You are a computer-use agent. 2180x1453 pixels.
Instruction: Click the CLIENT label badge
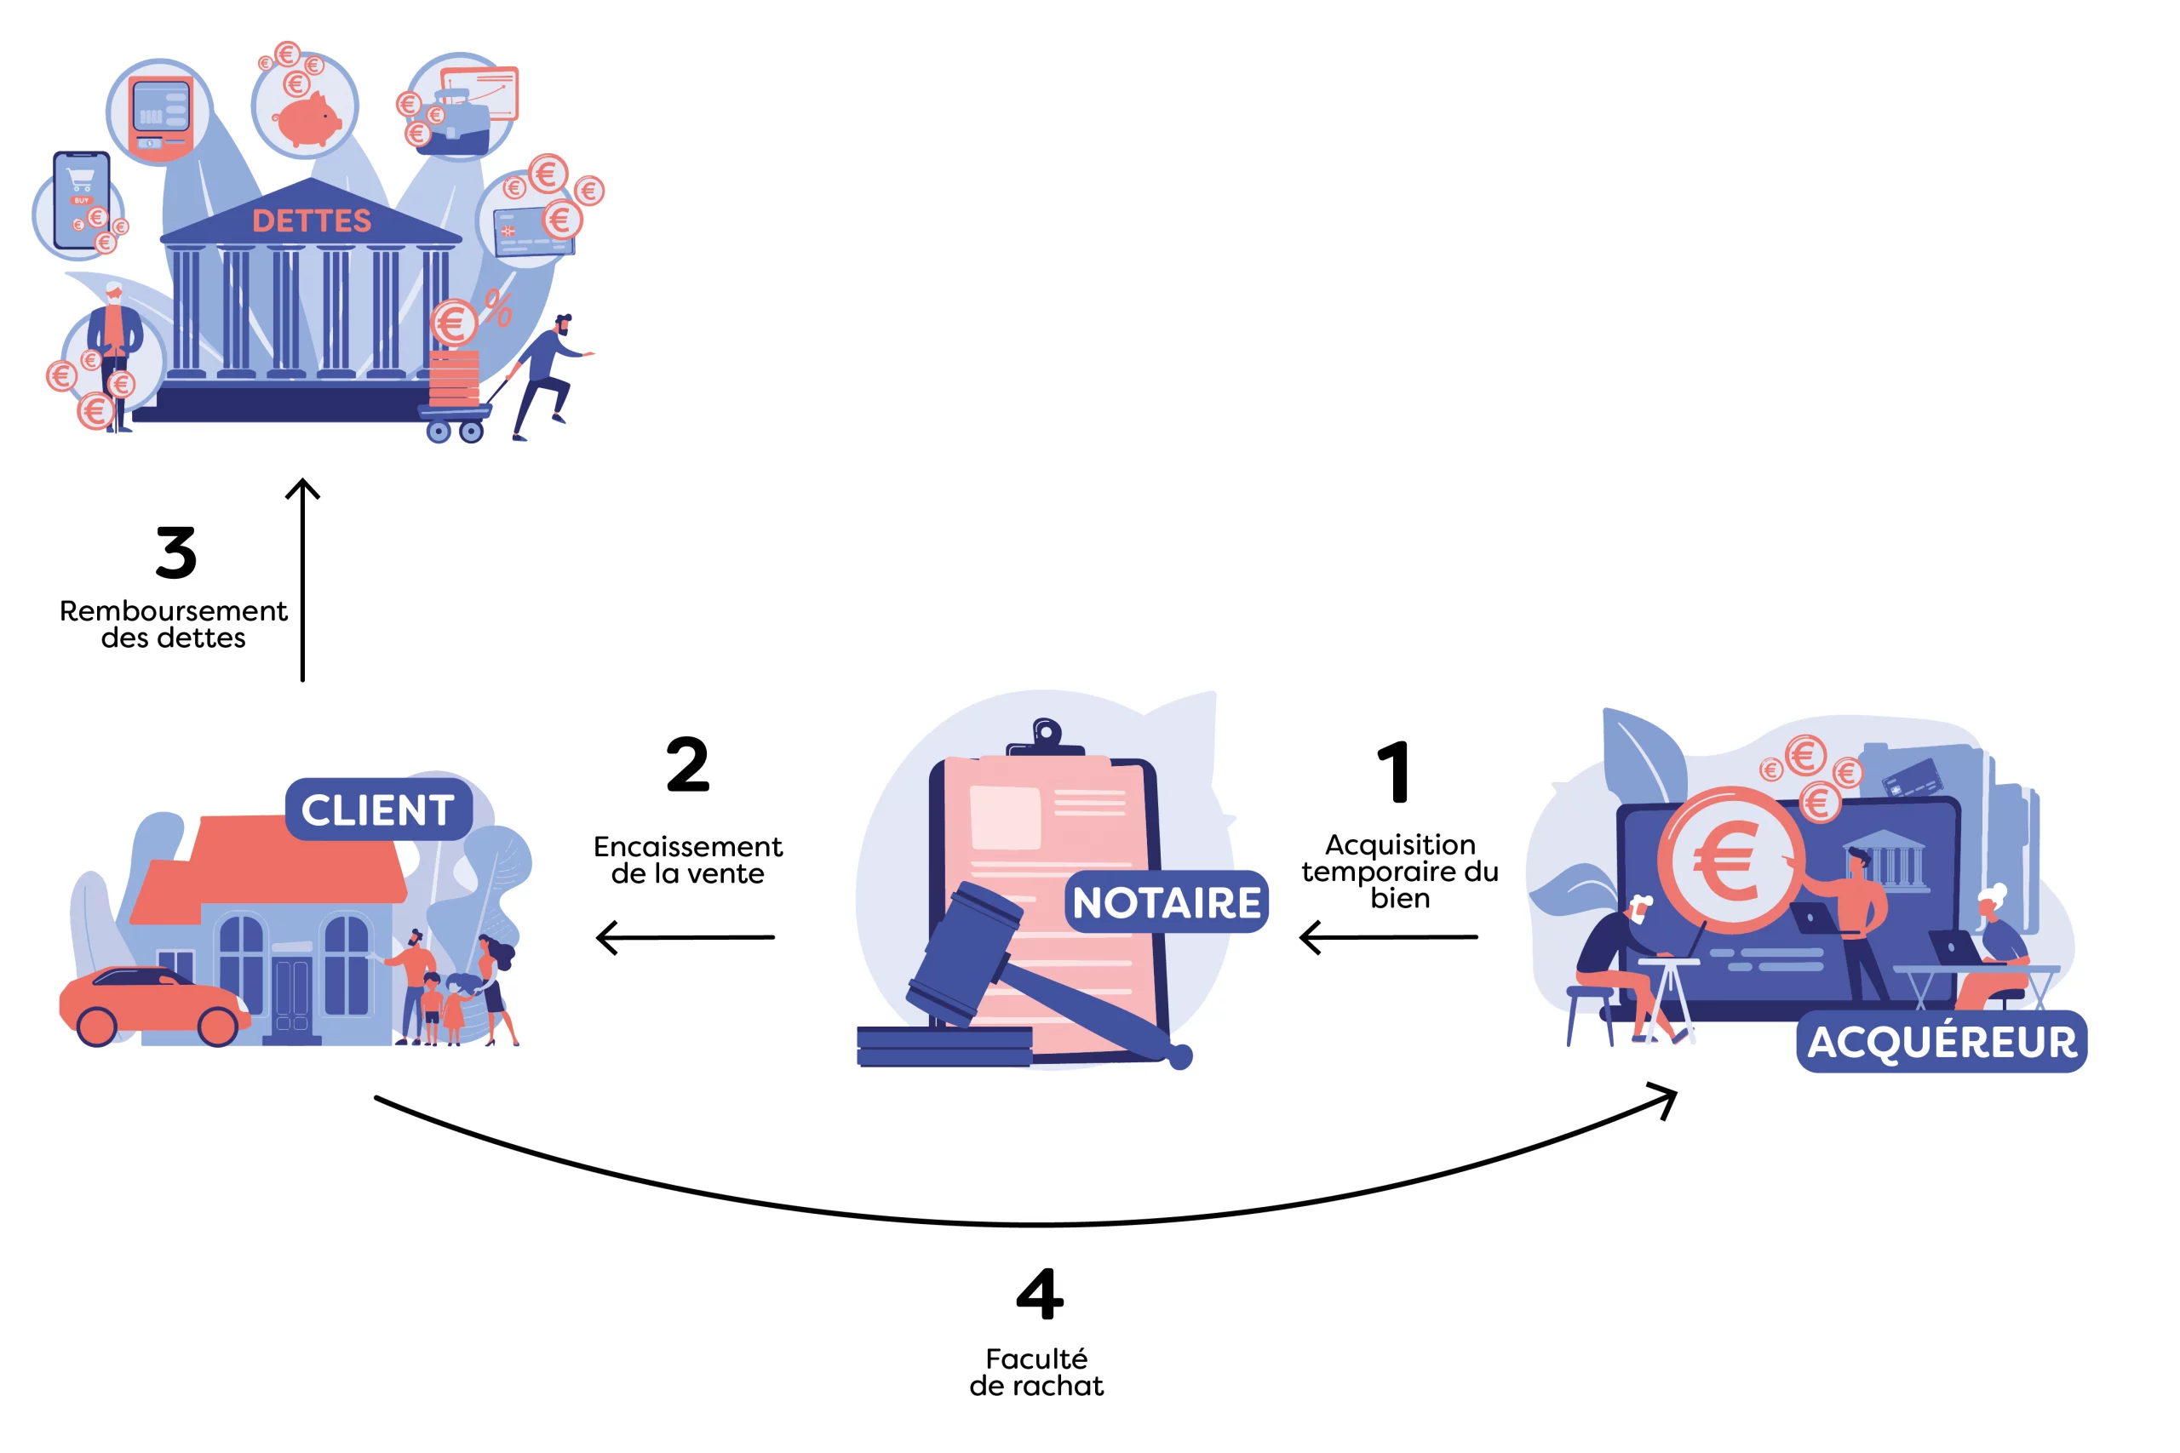tap(378, 809)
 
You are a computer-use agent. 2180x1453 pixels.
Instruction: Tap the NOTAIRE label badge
tap(1166, 901)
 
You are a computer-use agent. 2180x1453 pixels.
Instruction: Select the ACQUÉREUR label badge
tap(1942, 1042)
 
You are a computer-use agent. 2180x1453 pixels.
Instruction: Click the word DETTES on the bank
tap(312, 220)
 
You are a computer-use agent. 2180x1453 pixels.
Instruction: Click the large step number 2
tap(688, 764)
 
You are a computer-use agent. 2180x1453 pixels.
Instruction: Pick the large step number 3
tap(176, 553)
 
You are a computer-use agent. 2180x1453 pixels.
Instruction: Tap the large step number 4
tap(1039, 1294)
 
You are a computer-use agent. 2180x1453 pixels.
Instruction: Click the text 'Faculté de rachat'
tap(1036, 1372)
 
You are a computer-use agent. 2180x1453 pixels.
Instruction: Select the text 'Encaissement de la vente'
tap(688, 860)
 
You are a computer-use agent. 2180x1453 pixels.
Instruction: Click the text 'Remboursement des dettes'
tap(174, 624)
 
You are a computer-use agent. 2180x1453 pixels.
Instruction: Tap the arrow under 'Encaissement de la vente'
tap(685, 937)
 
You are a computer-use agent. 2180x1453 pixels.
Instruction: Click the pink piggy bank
tap(307, 119)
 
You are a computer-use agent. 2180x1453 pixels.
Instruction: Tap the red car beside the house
tap(153, 1006)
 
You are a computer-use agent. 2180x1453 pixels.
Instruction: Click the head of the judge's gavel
tap(964, 953)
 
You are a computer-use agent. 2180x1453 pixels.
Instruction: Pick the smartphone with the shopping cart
tap(82, 200)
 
